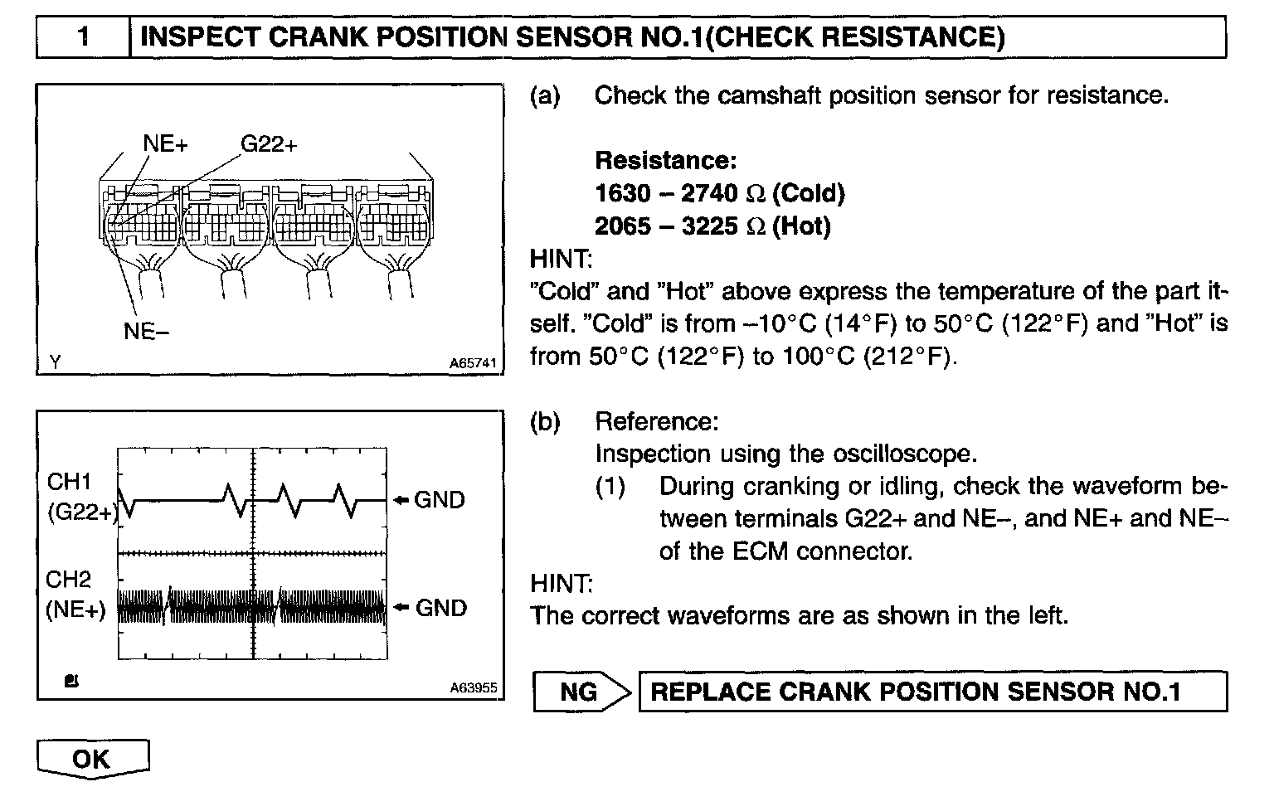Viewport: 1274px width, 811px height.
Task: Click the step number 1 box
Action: point(83,37)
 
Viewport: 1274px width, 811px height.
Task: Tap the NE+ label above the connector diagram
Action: point(166,143)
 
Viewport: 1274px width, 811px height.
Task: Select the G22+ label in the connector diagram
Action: point(269,143)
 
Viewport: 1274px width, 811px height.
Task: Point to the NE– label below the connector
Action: point(146,331)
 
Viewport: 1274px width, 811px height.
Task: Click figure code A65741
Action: point(473,363)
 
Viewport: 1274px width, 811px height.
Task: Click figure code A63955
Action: point(473,687)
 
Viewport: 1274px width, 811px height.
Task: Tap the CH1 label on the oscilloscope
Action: point(69,481)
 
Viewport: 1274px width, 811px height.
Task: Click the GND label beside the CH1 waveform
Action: point(440,500)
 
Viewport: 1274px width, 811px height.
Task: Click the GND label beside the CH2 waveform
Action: point(440,608)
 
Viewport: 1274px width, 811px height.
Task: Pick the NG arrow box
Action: point(580,692)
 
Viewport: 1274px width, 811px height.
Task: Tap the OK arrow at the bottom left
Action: point(92,758)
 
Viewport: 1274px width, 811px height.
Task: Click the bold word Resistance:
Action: point(665,160)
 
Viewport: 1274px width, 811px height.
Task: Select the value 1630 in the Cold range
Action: point(623,193)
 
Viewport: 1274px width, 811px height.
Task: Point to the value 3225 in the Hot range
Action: point(709,226)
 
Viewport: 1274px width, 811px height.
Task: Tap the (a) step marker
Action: point(545,96)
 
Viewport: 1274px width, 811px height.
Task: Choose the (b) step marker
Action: point(545,422)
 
